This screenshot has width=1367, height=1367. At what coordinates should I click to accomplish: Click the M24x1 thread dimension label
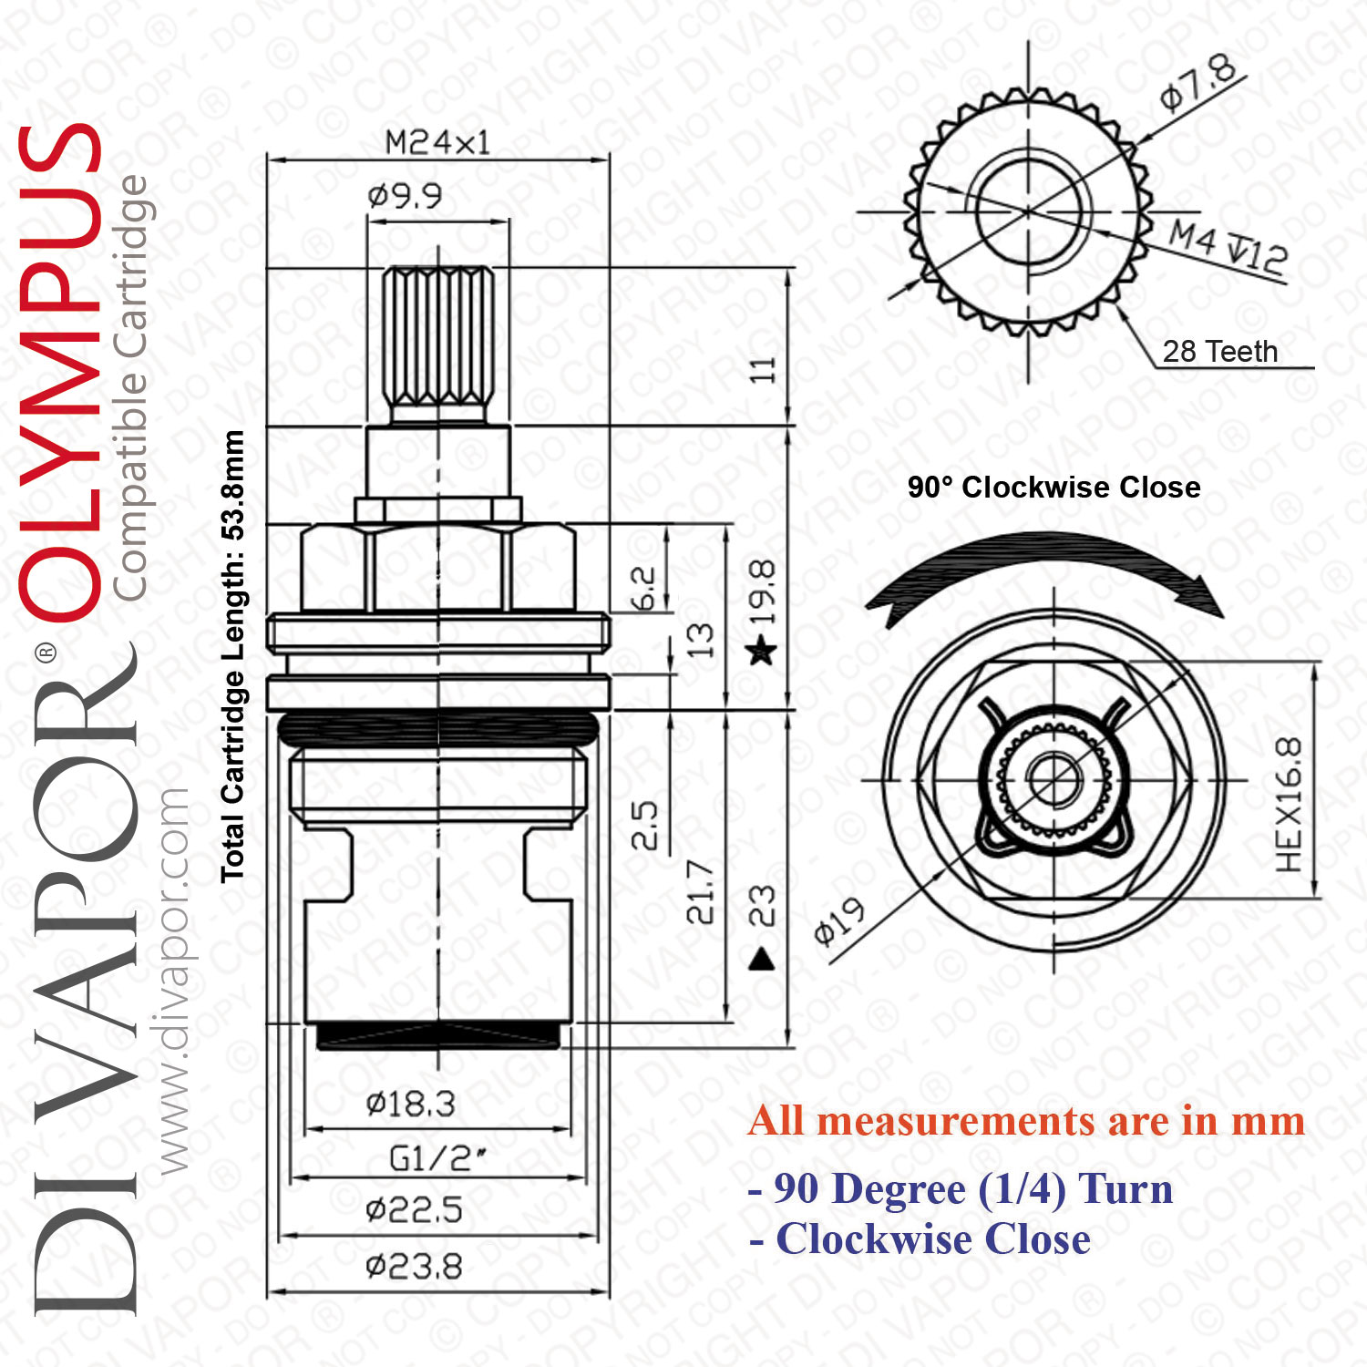(437, 142)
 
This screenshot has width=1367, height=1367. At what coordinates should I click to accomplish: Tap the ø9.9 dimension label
(405, 195)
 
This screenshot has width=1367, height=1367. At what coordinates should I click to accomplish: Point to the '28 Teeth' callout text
(1220, 351)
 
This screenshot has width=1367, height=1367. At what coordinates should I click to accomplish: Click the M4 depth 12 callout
(1228, 247)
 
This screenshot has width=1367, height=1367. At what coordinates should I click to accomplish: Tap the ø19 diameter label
(839, 921)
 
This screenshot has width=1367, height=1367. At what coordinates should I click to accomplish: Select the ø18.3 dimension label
(410, 1105)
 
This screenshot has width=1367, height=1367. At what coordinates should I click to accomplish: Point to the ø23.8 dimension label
(414, 1267)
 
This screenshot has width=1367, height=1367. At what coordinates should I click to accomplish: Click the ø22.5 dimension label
(414, 1210)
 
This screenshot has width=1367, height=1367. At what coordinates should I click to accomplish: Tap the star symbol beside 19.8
(761, 652)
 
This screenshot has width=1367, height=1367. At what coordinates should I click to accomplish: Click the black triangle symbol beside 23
(761, 959)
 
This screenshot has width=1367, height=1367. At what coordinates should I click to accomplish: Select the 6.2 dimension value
(643, 588)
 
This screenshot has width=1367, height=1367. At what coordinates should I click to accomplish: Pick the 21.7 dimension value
(700, 891)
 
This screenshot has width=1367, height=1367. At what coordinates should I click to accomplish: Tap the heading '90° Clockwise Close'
(1054, 487)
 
